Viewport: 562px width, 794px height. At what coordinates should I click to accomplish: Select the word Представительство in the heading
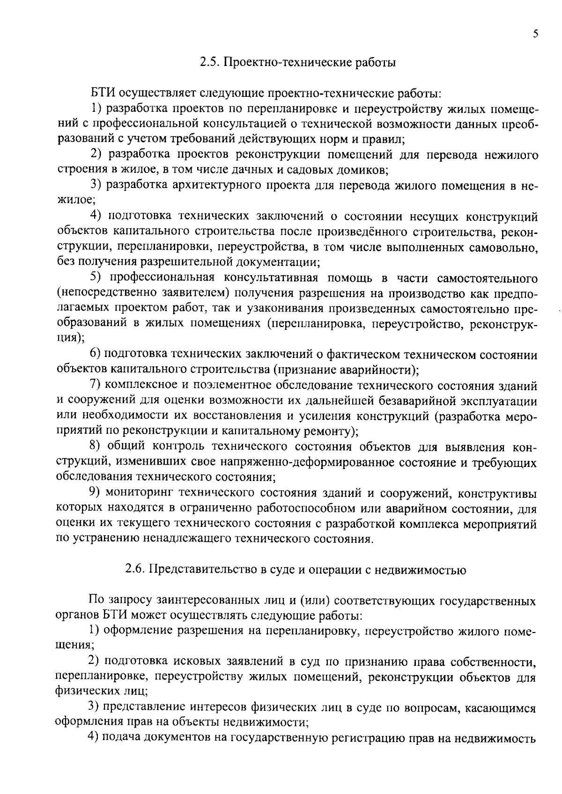(202, 569)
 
